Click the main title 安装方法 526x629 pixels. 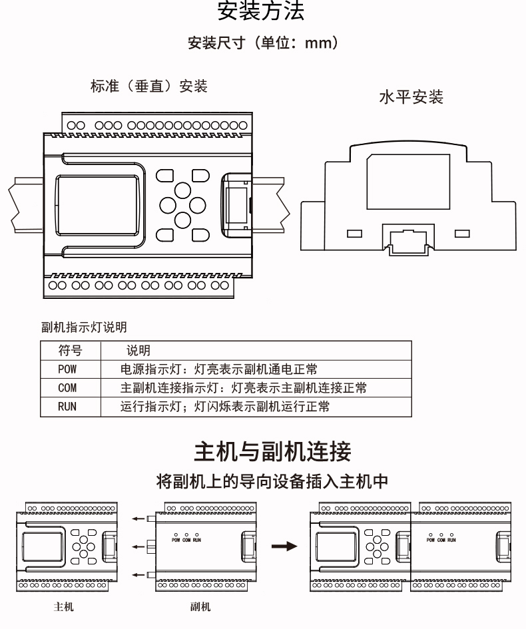[262, 11]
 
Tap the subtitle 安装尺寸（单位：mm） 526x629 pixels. [263, 44]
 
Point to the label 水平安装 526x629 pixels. [410, 98]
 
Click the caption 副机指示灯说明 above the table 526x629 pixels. [84, 327]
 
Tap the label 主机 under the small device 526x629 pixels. [64, 607]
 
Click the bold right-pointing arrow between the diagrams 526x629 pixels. [285, 546]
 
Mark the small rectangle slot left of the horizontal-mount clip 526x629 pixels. [354, 234]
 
